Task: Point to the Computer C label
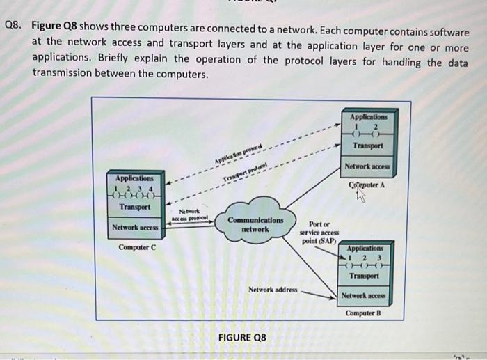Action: click(136, 247)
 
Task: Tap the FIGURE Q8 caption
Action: click(242, 338)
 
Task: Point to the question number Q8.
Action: click(14, 26)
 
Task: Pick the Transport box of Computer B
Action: click(364, 276)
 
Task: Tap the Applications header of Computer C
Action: click(131, 178)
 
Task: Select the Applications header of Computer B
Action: click(364, 248)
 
